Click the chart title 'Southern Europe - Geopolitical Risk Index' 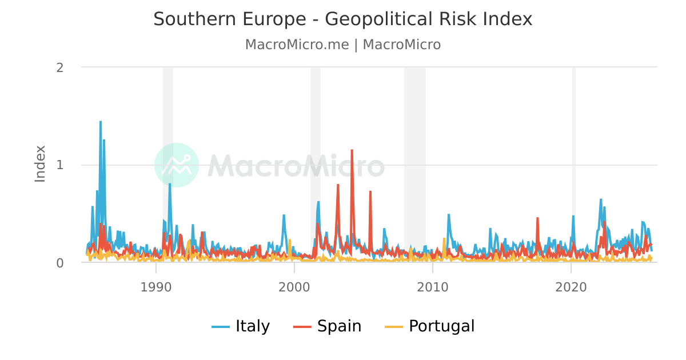tap(342, 19)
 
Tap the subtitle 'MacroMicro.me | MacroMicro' tap(342, 45)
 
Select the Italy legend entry tap(241, 326)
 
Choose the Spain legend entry tap(328, 326)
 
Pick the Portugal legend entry tap(429, 326)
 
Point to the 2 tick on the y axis tap(59, 67)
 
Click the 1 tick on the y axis tap(59, 165)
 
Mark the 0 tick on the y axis tap(59, 263)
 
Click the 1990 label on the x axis tap(155, 287)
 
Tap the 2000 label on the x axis tap(294, 287)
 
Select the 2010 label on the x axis tap(433, 287)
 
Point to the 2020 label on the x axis tap(571, 287)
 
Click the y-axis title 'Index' tap(40, 164)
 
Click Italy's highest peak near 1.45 tap(101, 122)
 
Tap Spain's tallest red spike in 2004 tap(352, 151)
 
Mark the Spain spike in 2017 tap(537, 218)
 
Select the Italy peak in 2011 tap(449, 215)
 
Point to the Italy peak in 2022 tap(601, 200)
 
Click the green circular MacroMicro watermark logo tap(177, 165)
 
